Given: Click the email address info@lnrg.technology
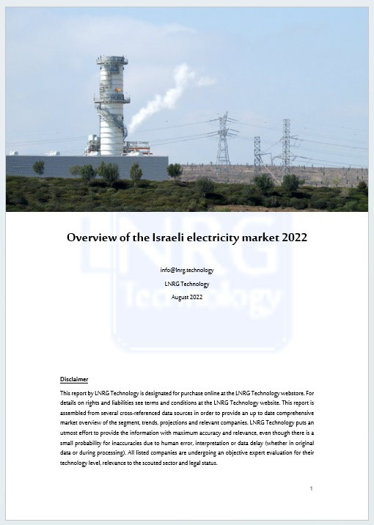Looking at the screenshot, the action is coord(187,270).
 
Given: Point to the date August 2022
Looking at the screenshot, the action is coord(187,296).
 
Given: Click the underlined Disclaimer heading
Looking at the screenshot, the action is coord(74,379).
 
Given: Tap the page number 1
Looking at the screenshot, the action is coord(311,488).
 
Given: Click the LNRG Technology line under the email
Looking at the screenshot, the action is coord(187,283).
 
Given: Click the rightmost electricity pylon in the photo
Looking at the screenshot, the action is coord(285,147).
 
